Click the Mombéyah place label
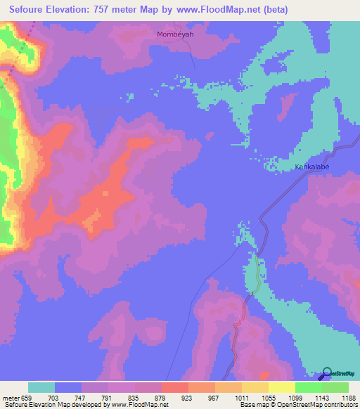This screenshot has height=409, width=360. click(172, 33)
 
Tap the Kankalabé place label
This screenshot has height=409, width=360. click(312, 167)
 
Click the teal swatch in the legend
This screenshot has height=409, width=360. click(41, 388)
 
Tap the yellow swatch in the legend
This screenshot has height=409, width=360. click(281, 388)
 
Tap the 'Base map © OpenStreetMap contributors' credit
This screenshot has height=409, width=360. click(298, 405)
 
